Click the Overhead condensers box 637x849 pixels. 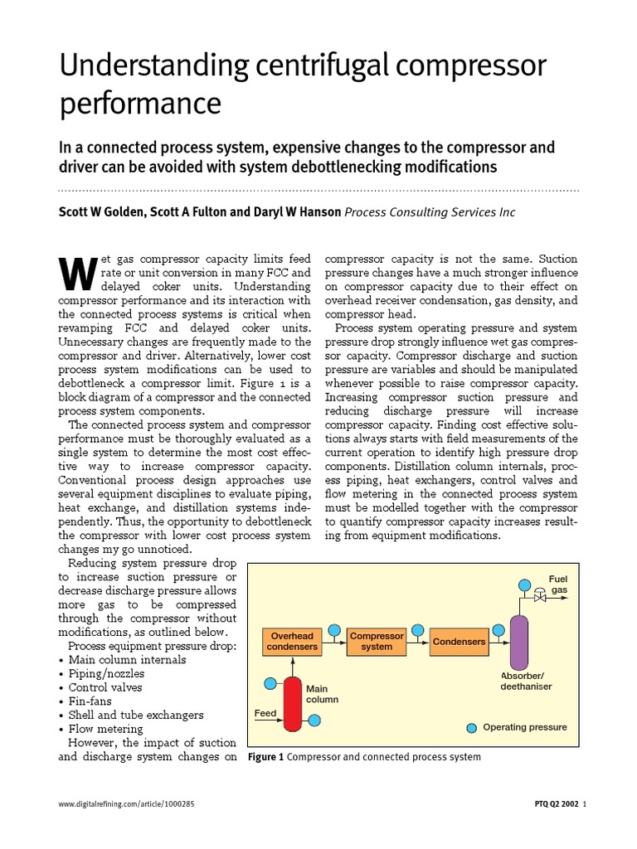[x=291, y=642]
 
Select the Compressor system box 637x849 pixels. [x=377, y=642]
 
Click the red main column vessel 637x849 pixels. [x=292, y=704]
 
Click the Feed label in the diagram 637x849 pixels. [x=265, y=712]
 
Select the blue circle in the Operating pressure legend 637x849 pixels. [x=472, y=727]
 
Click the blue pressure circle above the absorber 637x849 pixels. [x=523, y=585]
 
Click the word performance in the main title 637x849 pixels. [x=140, y=104]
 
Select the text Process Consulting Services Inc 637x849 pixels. [x=430, y=212]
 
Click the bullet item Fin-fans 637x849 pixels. [x=95, y=701]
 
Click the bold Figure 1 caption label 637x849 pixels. [x=266, y=757]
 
